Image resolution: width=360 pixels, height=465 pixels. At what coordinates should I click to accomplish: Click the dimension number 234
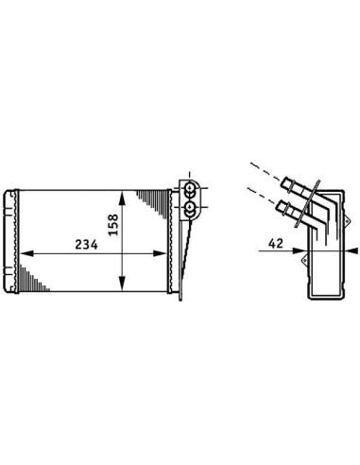[86, 244]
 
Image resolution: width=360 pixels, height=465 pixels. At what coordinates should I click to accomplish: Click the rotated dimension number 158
[112, 225]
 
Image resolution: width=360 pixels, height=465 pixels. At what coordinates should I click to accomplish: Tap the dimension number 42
[276, 243]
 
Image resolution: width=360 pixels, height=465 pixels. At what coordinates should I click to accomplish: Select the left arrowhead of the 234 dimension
[26, 253]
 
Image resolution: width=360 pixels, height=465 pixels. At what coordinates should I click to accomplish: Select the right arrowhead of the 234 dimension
[160, 253]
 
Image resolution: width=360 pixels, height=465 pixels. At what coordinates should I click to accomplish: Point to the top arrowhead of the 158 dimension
[122, 198]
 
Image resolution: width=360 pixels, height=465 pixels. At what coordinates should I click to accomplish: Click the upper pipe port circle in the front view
[190, 188]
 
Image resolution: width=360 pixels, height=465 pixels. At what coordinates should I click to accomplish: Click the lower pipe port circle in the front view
[190, 207]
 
